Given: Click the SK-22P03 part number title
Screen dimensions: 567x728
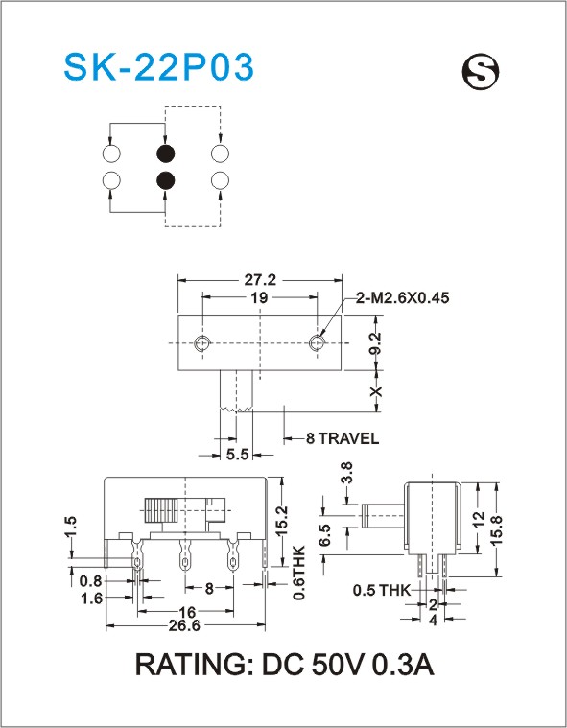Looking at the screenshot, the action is (159, 67).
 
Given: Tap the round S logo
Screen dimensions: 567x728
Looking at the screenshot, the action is (480, 72).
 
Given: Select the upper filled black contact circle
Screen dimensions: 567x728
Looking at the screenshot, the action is (165, 153).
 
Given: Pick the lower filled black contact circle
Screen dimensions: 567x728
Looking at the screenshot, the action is (165, 180).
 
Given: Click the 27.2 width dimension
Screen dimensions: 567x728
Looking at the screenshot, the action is (260, 280).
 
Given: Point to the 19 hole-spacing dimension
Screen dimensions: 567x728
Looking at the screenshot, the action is (260, 297).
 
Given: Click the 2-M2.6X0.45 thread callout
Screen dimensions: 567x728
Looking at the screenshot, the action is (403, 297).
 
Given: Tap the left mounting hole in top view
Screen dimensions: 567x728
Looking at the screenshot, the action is (202, 343).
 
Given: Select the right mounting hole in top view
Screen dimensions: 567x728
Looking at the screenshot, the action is (317, 343).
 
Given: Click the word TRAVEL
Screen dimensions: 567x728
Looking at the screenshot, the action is (348, 438).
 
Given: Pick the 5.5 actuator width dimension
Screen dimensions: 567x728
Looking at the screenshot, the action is (237, 455).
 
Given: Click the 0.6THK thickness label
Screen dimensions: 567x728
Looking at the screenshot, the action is (299, 573).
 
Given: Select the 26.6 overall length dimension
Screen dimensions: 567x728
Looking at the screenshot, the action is (184, 626).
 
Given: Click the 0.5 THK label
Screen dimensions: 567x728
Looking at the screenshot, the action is (382, 590).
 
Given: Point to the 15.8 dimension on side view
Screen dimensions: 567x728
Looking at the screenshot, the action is (496, 529).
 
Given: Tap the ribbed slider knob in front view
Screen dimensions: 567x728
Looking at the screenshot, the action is (161, 509).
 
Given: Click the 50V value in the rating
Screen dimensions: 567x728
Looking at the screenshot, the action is (337, 665).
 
